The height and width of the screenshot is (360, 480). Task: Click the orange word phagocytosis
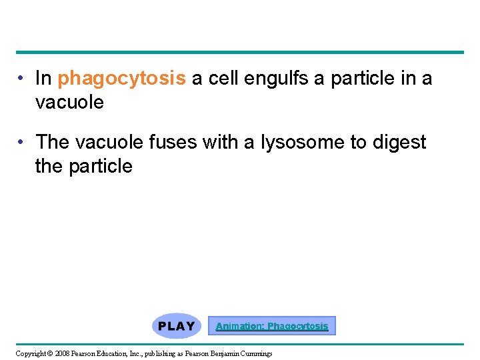(121, 79)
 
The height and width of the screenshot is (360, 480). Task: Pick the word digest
(398, 143)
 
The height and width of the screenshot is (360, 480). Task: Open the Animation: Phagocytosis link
(272, 326)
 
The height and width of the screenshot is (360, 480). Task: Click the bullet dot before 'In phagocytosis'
(22, 79)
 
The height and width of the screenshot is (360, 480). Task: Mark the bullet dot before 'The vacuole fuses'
(22, 142)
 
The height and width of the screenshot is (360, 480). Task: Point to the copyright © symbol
(51, 353)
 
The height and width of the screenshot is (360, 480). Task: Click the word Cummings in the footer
(254, 353)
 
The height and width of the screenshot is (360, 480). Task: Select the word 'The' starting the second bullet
(50, 142)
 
